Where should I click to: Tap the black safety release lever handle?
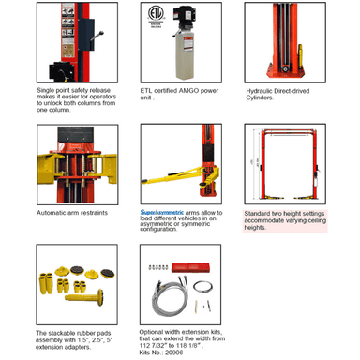pyautogui.click(x=97, y=36)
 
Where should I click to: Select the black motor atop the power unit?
pyautogui.click(x=184, y=20)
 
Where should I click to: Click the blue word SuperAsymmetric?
pyautogui.click(x=162, y=212)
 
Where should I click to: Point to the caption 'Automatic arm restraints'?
pyautogui.click(x=72, y=213)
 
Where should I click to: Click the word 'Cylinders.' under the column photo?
pyautogui.click(x=260, y=97)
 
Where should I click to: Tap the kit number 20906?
pyautogui.click(x=174, y=352)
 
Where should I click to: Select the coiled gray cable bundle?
pyautogui.click(x=171, y=300)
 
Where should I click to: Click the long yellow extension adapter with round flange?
pyautogui.click(x=84, y=298)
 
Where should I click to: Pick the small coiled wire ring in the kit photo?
pyautogui.click(x=203, y=286)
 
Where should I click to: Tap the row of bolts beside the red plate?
pyautogui.click(x=158, y=267)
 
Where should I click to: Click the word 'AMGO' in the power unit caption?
pyautogui.click(x=188, y=91)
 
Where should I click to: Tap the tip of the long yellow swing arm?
pyautogui.click(x=143, y=181)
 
